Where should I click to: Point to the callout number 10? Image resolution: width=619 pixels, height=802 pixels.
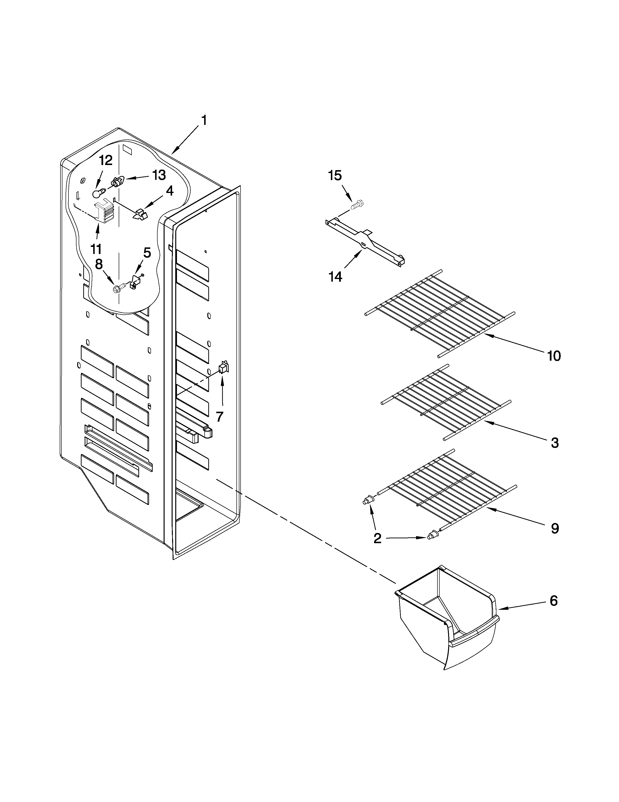554,356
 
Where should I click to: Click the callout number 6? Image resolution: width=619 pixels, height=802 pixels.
553,601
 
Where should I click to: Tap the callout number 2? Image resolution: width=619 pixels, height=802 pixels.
377,538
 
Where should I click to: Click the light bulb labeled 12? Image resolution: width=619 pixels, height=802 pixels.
97,192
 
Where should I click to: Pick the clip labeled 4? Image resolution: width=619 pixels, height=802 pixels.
139,214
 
